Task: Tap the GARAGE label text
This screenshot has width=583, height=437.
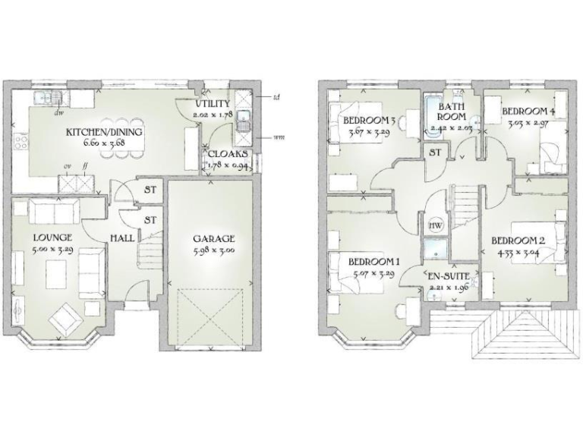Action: tap(213, 238)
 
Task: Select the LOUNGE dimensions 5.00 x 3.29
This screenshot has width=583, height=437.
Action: tap(52, 249)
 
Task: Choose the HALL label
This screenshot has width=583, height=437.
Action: tap(121, 238)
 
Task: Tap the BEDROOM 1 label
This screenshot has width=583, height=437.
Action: tap(373, 263)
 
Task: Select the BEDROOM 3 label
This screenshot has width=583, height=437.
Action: tap(370, 121)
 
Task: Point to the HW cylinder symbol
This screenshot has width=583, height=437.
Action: tap(436, 226)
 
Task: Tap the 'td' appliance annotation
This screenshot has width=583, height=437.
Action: tap(276, 97)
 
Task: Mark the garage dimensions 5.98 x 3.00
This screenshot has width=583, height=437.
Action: tap(213, 250)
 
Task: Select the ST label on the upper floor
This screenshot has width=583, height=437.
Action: tap(436, 152)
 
